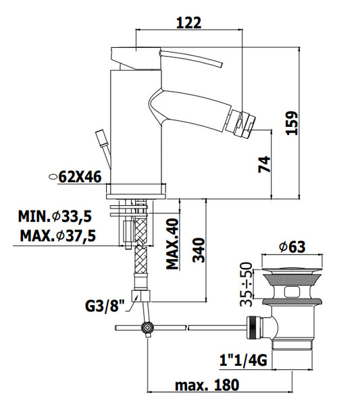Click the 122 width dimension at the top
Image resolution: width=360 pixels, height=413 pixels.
[x=188, y=23]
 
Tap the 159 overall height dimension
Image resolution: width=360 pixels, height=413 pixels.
[x=292, y=123]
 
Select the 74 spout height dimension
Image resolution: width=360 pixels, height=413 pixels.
[x=264, y=165]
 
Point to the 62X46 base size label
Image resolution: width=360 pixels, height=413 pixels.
[x=80, y=177]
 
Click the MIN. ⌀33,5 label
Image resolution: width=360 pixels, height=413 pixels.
[x=55, y=217]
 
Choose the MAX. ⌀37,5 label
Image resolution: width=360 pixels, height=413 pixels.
[x=57, y=236]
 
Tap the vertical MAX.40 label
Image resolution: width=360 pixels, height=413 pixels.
[x=172, y=244]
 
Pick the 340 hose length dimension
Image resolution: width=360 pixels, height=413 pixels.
[x=199, y=250]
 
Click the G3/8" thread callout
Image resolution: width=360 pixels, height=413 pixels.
[x=105, y=306]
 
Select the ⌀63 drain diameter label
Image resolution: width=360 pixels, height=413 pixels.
[x=292, y=247]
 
